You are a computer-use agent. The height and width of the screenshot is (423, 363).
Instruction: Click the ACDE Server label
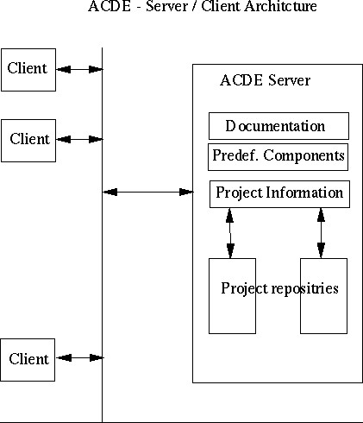pos(265,80)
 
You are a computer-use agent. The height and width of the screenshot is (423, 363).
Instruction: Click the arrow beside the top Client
pos(79,69)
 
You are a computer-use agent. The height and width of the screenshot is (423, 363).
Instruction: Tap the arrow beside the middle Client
pos(79,140)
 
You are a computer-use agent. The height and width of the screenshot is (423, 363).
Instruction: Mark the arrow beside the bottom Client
pos(79,358)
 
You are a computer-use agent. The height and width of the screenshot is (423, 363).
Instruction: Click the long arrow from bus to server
pos(148,192)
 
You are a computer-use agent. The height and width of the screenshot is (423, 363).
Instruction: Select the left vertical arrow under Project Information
pos(230,233)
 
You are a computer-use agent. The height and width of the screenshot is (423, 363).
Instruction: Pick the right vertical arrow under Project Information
pos(321,233)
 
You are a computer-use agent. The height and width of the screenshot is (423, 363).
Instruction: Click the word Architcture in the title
pos(280,6)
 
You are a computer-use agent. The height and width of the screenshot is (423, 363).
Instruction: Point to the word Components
pos(304,156)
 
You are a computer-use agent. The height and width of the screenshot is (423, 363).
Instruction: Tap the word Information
pos(304,193)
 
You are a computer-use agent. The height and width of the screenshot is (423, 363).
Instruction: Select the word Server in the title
pos(166,6)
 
